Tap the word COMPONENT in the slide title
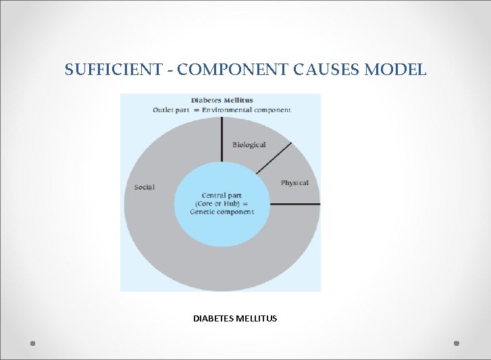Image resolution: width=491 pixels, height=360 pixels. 222,69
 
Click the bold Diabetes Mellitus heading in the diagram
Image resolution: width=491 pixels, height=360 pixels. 222,101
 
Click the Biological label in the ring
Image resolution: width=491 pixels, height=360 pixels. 249,145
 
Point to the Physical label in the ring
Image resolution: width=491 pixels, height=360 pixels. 294,182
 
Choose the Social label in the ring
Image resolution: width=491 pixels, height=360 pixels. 145,187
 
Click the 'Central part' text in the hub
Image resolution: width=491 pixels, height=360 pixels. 222,196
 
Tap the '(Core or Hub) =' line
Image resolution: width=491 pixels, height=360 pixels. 222,204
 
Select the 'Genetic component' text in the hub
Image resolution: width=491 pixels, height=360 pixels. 222,212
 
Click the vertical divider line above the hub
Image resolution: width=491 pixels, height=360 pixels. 222,138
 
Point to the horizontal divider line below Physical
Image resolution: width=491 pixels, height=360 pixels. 294,203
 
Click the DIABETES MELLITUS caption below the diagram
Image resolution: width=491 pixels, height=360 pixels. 235,318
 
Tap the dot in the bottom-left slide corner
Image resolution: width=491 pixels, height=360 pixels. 32,343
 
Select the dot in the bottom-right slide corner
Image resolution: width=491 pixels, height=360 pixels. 457,343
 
